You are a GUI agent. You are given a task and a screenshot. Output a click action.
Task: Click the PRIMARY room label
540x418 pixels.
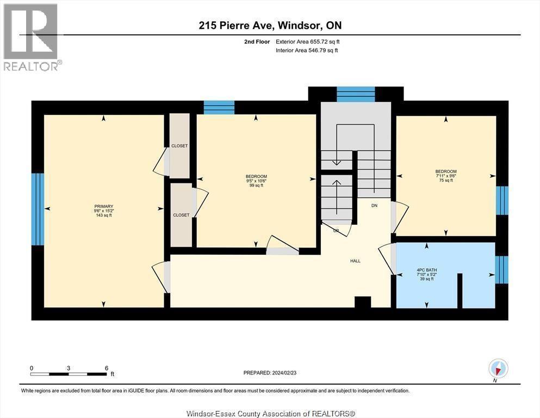(x=103, y=206)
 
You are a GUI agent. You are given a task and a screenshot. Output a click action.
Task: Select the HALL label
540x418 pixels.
(x=355, y=261)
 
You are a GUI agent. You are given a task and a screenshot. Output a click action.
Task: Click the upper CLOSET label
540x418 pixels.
(x=179, y=146)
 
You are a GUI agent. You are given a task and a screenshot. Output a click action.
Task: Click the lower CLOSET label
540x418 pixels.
(x=181, y=215)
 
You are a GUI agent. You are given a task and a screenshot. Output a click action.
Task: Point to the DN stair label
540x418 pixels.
(x=374, y=206)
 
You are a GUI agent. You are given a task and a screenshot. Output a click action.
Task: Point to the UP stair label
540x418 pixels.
(x=336, y=231)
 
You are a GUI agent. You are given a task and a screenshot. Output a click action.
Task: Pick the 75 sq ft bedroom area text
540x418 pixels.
(x=445, y=181)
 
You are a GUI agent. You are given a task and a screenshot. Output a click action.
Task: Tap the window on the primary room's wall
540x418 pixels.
(x=37, y=209)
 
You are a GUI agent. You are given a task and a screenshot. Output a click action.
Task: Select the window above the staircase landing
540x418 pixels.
(x=356, y=94)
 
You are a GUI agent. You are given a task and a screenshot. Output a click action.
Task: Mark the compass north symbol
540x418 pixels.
(x=498, y=368)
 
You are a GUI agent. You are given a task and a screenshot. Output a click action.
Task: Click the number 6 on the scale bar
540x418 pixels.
(x=107, y=368)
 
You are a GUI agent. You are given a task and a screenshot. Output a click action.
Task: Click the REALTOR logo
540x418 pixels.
(x=31, y=37)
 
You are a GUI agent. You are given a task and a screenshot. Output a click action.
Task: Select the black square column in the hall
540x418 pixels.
(x=362, y=302)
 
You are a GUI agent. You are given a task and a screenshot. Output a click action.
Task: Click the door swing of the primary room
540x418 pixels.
(x=161, y=276)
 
